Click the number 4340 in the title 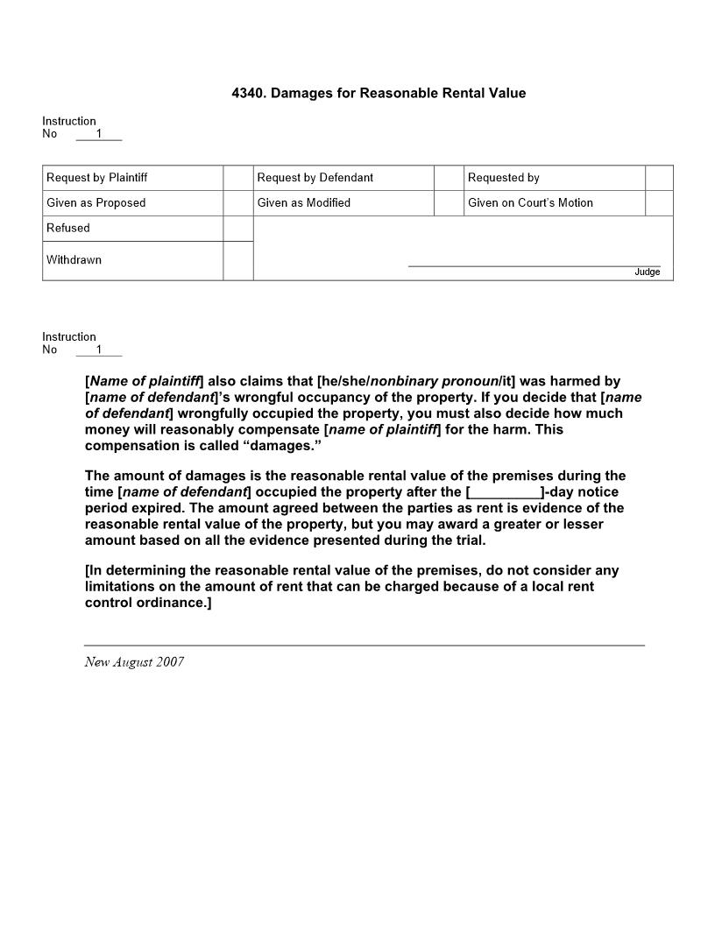(x=247, y=93)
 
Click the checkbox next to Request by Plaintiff (x=238, y=178)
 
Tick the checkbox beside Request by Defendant (x=449, y=178)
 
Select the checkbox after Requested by (x=659, y=178)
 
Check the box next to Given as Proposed (x=238, y=203)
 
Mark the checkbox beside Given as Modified (x=449, y=203)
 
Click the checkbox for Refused (x=238, y=229)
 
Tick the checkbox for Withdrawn (x=238, y=261)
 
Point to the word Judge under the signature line (x=648, y=272)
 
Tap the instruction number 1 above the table (x=99, y=134)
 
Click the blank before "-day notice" (x=506, y=492)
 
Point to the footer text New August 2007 (x=134, y=662)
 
